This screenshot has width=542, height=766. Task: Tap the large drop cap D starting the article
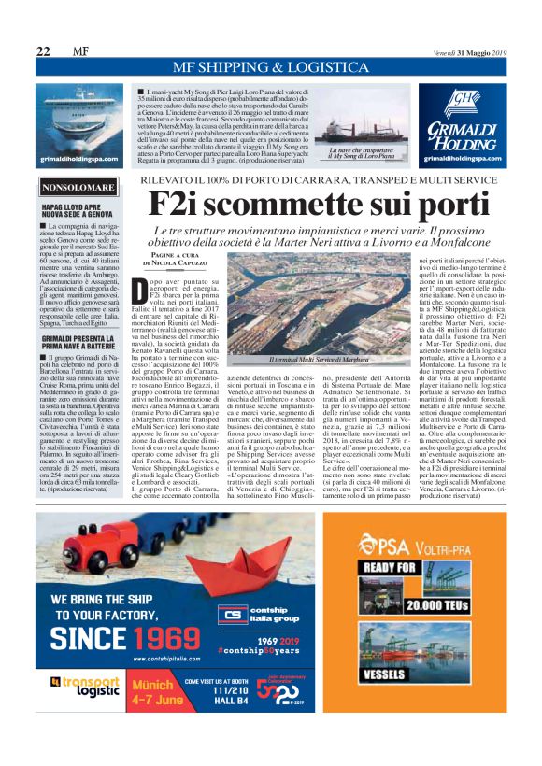pyautogui.click(x=139, y=290)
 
